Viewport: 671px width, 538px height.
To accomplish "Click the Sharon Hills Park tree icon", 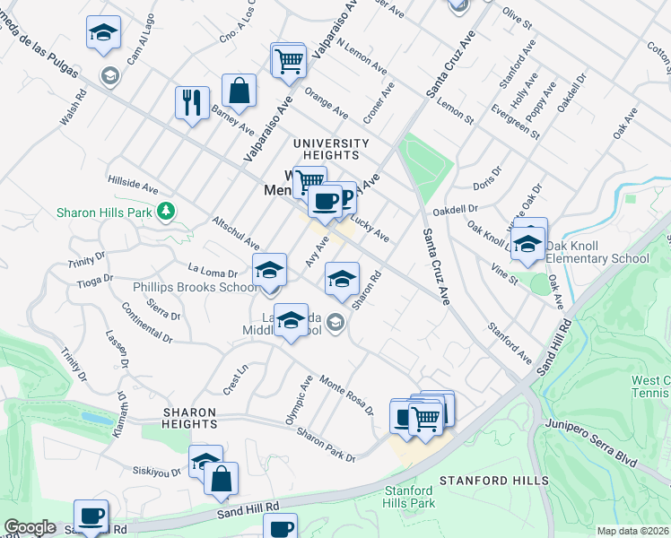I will (x=165, y=212).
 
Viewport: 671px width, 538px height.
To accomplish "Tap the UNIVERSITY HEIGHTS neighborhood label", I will (x=331, y=150).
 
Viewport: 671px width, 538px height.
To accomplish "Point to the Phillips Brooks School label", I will (x=195, y=288).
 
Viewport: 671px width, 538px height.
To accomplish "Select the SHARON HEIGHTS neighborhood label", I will (x=189, y=418).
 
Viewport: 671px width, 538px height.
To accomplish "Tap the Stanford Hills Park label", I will (x=409, y=496).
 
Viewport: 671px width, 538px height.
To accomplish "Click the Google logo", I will (x=30, y=528).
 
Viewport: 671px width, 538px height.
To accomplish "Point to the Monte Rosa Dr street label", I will (x=346, y=394).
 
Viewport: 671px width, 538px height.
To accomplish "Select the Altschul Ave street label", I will (x=235, y=232).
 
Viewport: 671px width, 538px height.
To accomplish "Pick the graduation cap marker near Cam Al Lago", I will (x=104, y=34).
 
